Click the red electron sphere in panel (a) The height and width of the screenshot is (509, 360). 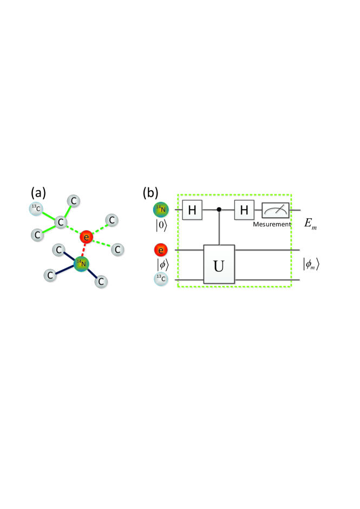coord(86,237)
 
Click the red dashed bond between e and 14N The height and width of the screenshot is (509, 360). coord(84,250)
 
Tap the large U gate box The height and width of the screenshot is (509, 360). coord(219,264)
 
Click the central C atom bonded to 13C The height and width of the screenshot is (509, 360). coord(61,221)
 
